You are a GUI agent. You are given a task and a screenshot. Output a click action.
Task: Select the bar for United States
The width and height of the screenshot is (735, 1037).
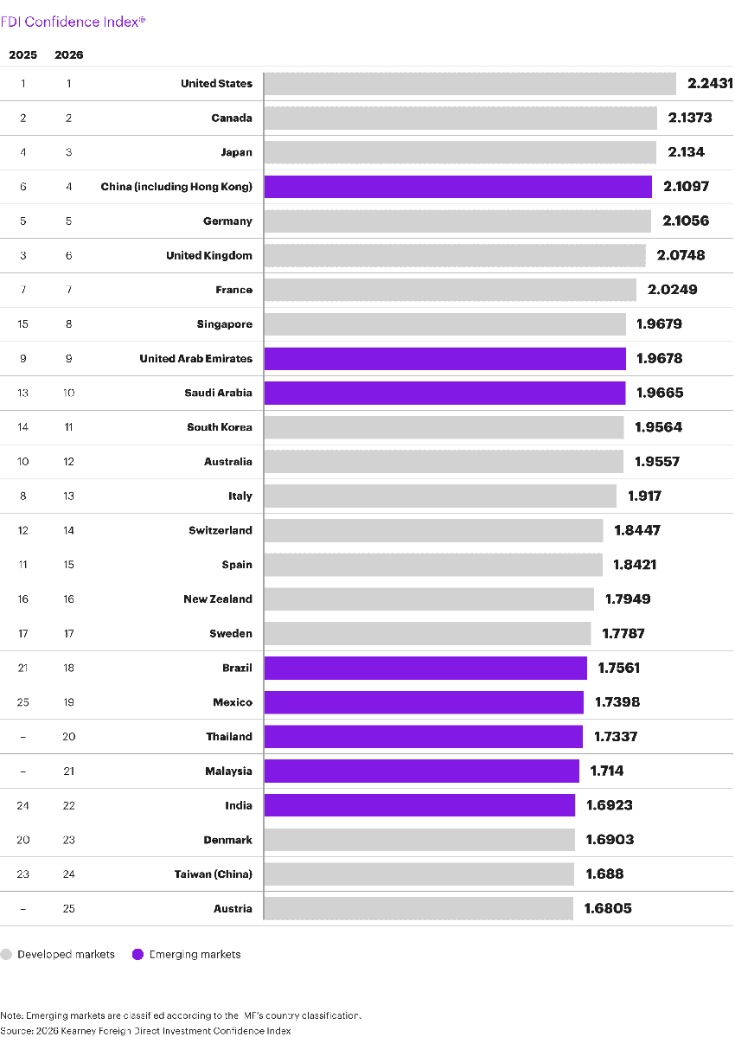pos(470,84)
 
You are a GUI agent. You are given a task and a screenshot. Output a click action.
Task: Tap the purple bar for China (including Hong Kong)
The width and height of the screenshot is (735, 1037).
pos(457,187)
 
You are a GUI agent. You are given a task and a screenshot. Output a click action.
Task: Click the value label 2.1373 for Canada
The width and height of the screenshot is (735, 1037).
pos(690,118)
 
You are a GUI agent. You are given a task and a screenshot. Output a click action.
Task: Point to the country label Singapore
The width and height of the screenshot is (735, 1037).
pos(224,324)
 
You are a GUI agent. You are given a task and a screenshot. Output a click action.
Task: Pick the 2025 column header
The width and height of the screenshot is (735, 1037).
pos(23,54)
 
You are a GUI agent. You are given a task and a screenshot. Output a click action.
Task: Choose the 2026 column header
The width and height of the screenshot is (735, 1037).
pos(69,54)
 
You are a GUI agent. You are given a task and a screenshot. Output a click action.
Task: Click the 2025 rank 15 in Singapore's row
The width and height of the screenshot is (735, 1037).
pos(23,324)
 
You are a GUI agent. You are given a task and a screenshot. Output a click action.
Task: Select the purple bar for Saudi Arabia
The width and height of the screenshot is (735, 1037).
pos(444,393)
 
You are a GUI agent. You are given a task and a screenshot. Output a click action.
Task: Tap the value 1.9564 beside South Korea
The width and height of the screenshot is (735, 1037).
pos(658,427)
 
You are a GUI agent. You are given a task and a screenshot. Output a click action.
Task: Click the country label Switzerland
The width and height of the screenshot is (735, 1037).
pos(220,530)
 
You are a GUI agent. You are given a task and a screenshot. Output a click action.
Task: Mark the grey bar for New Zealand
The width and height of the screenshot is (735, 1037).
pos(429,599)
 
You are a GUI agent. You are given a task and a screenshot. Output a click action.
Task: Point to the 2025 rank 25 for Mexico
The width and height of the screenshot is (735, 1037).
pos(23,702)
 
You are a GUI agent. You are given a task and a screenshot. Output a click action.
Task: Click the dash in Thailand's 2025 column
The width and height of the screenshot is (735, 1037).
pos(23,737)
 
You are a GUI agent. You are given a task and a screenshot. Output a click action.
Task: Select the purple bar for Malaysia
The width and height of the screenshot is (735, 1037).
pos(421,771)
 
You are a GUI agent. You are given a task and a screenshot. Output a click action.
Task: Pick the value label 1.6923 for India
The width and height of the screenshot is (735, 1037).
pos(610,805)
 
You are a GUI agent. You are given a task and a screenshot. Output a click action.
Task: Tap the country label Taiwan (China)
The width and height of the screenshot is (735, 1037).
pos(213,874)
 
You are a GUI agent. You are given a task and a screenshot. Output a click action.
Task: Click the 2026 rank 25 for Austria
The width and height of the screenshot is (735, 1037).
pos(69,908)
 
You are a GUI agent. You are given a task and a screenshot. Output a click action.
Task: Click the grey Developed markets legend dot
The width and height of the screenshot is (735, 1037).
pos(7,955)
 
